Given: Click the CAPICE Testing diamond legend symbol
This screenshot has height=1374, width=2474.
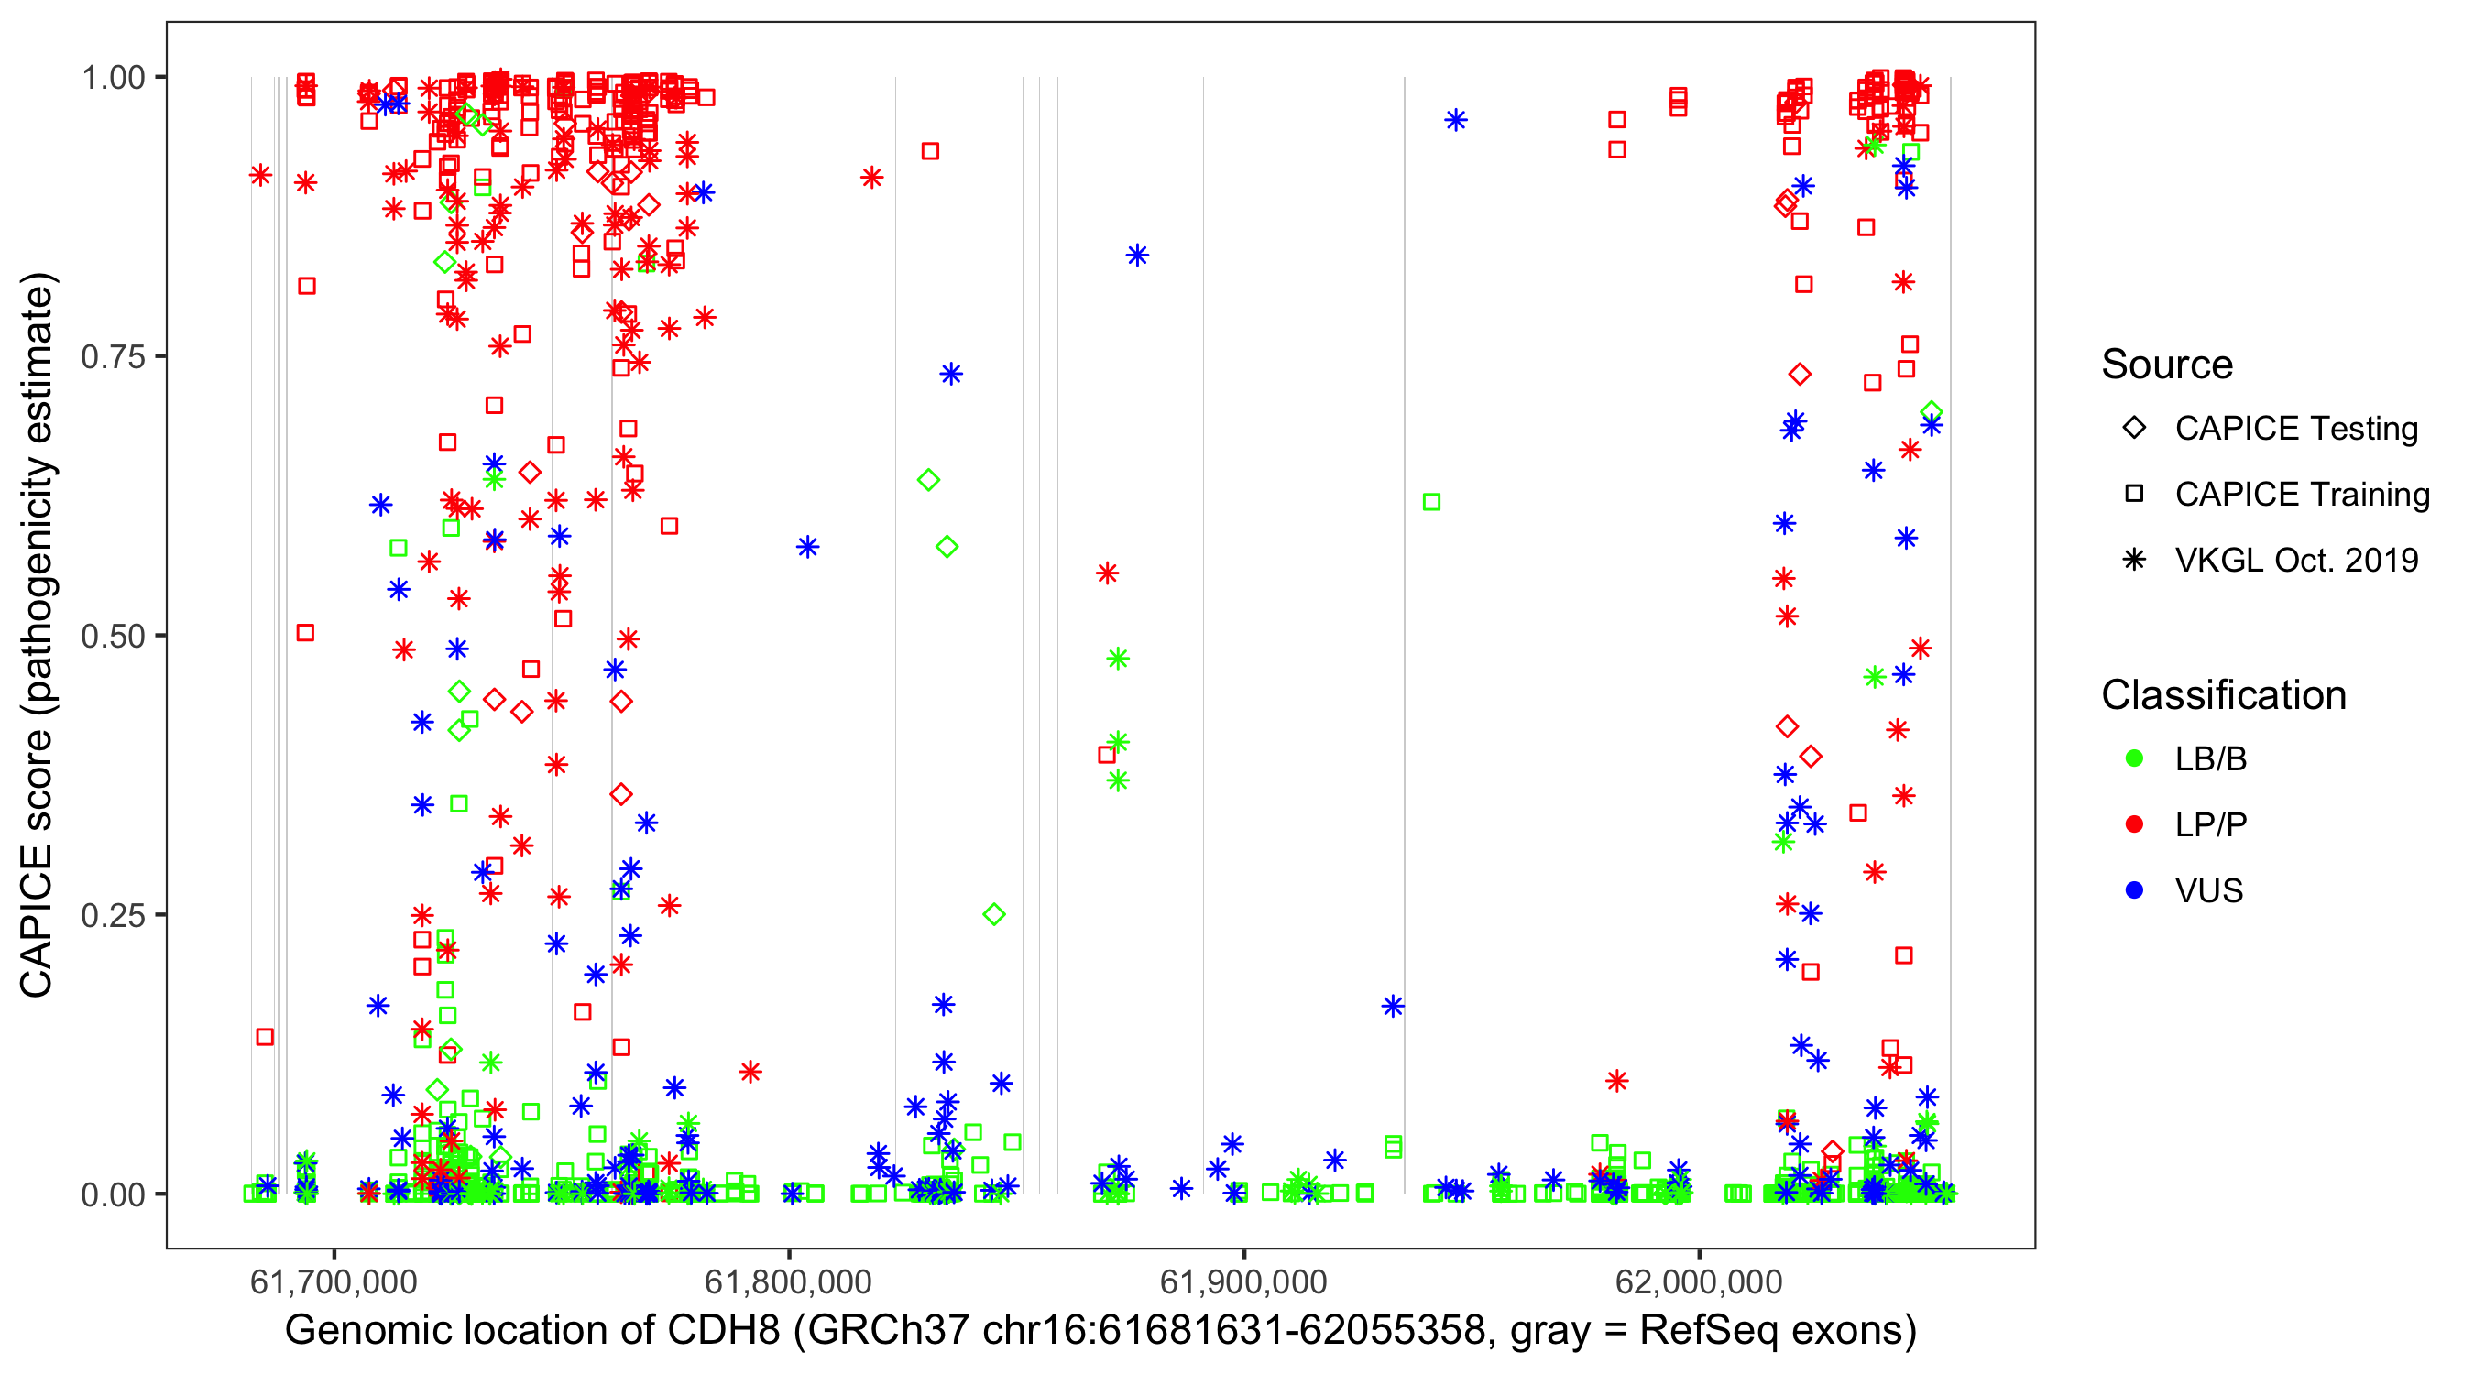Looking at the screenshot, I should tap(2134, 429).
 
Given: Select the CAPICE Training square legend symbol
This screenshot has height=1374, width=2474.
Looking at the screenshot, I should tap(2134, 495).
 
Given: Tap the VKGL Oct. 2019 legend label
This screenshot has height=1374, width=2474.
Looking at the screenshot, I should tap(2295, 561).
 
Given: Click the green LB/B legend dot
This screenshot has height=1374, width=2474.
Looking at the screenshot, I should tap(2134, 759).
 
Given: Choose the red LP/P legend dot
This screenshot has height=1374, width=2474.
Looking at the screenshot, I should tap(2134, 824).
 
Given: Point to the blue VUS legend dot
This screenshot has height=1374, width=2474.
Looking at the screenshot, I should tap(2134, 891).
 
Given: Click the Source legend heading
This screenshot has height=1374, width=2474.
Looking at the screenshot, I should tap(2167, 365).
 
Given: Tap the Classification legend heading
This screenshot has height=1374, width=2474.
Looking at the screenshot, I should tap(2223, 695).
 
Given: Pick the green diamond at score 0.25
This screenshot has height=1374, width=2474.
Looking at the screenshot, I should tap(994, 914).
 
